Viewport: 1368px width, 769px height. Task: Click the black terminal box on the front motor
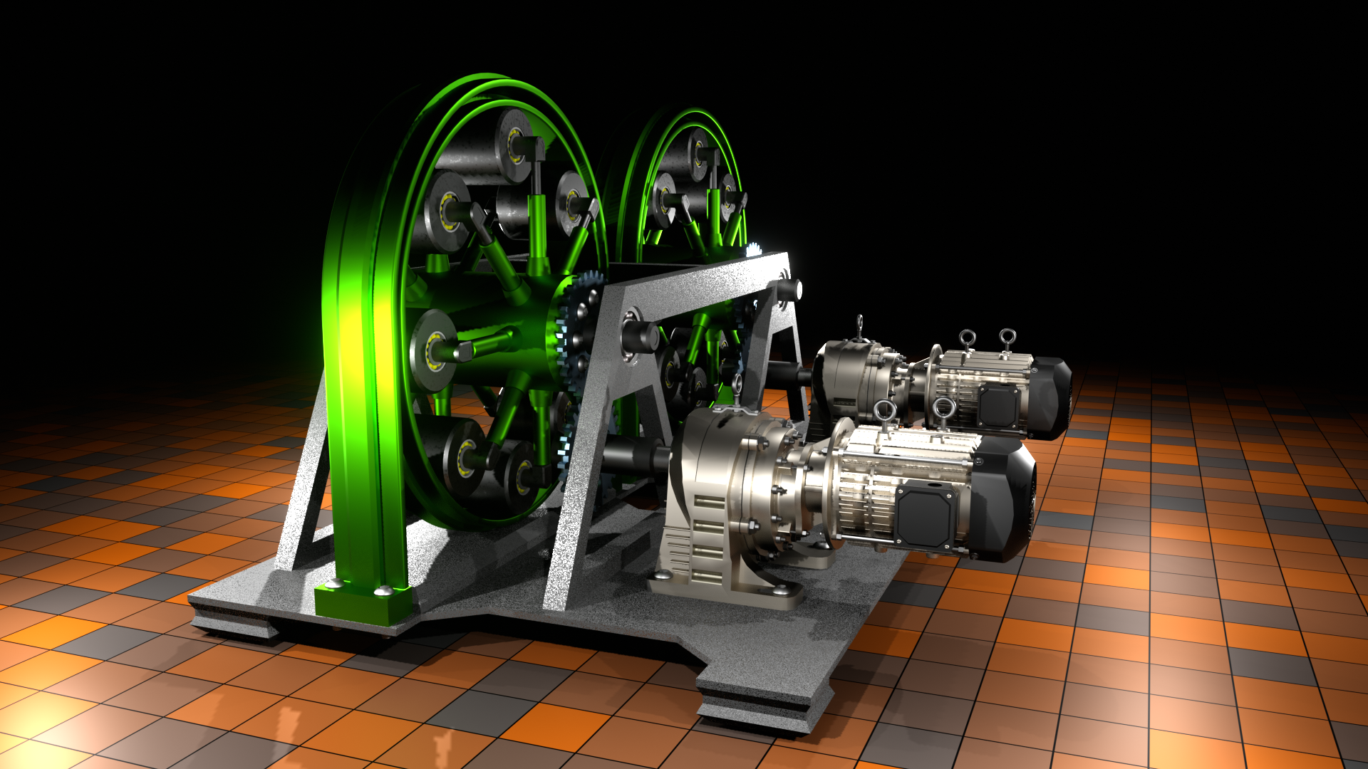click(924, 514)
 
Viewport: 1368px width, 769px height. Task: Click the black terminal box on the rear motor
click(1000, 408)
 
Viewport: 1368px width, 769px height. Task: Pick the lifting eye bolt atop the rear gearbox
click(860, 326)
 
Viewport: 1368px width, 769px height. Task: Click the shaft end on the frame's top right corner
click(790, 290)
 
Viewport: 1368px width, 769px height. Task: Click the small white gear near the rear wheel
click(753, 251)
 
